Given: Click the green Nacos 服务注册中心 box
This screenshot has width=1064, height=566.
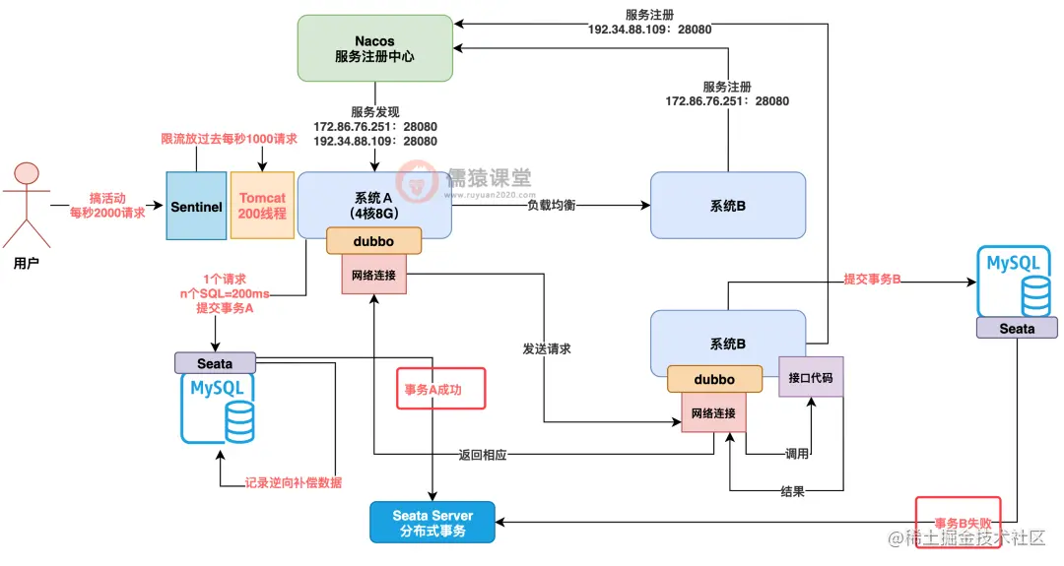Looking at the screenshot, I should click(x=374, y=48).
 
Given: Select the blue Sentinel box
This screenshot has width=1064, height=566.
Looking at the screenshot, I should click(x=196, y=206).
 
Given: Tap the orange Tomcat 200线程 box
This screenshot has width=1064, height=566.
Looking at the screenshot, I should click(x=261, y=206).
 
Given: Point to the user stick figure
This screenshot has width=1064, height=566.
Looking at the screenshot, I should click(x=27, y=207).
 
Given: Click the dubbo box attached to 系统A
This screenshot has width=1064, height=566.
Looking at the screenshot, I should click(x=374, y=241).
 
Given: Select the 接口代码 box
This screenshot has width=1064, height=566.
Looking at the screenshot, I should click(x=811, y=377).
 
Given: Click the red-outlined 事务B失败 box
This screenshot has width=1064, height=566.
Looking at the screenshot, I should click(x=958, y=524).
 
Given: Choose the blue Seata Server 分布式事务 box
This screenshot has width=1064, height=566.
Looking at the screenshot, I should click(x=432, y=523).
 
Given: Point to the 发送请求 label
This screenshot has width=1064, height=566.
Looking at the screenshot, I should click(x=548, y=348).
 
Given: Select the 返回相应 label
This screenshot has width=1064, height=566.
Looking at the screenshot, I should click(x=483, y=456).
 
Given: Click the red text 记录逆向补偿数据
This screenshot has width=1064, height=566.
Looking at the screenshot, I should click(x=294, y=482).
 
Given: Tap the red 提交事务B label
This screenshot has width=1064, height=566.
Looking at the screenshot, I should click(x=872, y=280).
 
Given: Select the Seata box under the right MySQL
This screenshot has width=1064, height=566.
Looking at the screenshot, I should click(x=1017, y=328).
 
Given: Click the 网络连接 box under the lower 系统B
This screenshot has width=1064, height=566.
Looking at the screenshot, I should click(x=712, y=412).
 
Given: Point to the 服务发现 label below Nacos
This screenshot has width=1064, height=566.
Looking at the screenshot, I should click(x=374, y=112).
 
